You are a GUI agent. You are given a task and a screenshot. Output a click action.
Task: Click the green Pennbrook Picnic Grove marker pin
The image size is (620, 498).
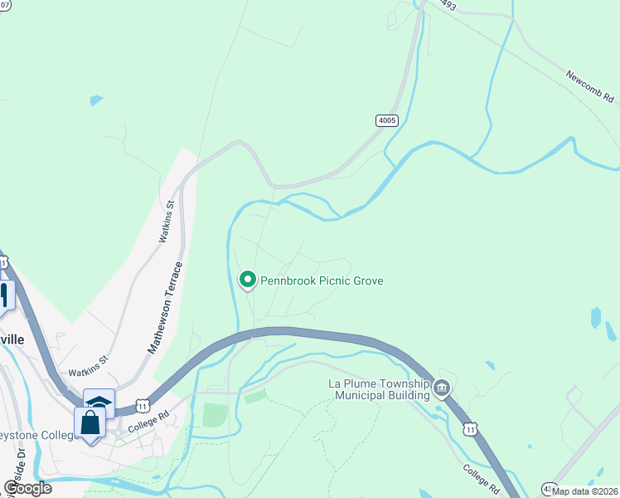[x=247, y=281]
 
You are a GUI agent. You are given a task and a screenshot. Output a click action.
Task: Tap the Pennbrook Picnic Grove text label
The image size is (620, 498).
[x=322, y=281]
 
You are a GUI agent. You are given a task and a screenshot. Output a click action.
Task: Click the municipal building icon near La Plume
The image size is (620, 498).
[x=442, y=388]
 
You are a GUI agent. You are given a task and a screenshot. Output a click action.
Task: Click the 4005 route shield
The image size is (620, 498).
[x=387, y=120]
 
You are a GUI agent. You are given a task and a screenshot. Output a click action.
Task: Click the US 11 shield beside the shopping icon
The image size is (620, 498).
[x=143, y=406]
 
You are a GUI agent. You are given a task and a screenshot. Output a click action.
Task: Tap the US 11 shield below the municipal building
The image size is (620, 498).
[x=471, y=428]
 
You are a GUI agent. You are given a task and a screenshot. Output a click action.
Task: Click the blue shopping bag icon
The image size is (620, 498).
[x=90, y=422]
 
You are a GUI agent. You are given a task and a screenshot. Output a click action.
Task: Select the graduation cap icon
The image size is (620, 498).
[x=99, y=403]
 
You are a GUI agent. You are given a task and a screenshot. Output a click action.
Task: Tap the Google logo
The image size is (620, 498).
[x=27, y=488]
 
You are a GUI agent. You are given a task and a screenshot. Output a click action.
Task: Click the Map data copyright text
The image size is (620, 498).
[x=585, y=491]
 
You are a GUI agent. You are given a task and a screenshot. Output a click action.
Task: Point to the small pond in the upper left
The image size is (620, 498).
[x=97, y=100]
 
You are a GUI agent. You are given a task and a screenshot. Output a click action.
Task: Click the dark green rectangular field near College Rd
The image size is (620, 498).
[x=215, y=415]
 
